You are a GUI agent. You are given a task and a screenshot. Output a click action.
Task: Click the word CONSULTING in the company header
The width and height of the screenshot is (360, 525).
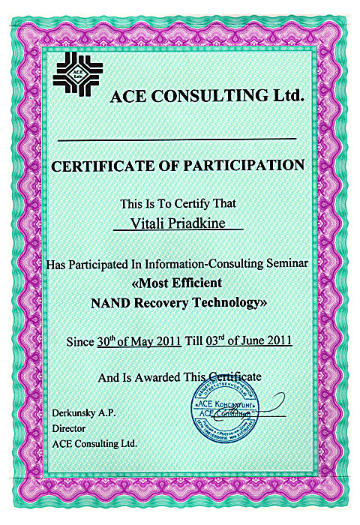click(x=197, y=97)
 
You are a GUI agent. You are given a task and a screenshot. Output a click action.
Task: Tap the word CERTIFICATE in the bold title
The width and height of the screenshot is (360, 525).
click(x=96, y=166)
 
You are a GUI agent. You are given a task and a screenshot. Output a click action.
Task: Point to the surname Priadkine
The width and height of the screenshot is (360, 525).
click(x=197, y=224)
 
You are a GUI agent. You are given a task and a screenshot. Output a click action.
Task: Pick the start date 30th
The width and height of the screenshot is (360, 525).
click(x=107, y=341)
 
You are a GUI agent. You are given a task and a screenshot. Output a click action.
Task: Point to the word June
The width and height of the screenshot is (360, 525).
click(x=252, y=342)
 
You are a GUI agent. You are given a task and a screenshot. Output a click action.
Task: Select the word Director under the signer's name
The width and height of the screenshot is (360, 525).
click(x=67, y=428)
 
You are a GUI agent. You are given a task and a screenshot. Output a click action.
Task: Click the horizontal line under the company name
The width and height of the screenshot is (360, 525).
click(x=177, y=139)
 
